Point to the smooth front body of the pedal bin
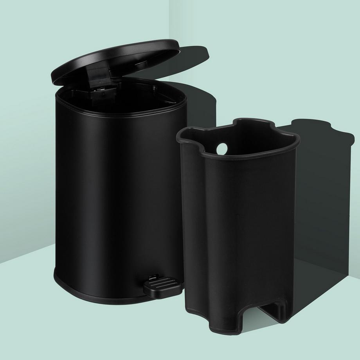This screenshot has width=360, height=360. click(x=110, y=188)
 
